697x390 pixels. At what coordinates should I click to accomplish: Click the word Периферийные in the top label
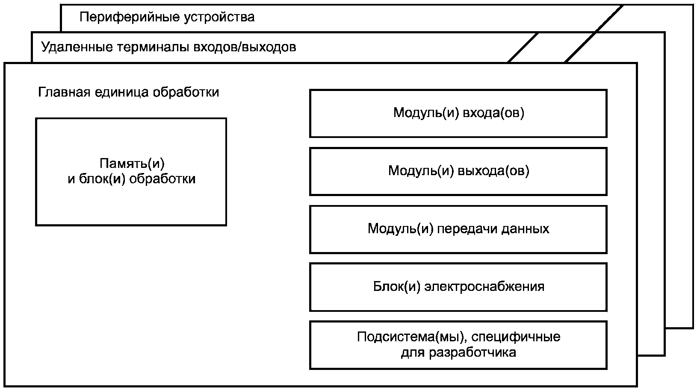pos(130,18)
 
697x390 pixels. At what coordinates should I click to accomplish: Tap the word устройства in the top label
pos(219,18)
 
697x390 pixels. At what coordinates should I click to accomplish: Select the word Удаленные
pos(77,47)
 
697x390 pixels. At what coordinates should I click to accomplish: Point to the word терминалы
pos(153,47)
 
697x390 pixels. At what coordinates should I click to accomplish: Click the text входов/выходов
pos(245,47)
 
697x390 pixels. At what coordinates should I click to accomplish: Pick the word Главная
pos(64,93)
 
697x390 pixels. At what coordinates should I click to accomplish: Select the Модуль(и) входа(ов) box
pos(458,114)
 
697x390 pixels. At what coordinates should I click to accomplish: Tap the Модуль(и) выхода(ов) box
pos(458,172)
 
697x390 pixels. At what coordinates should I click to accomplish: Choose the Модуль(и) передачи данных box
pos(458,229)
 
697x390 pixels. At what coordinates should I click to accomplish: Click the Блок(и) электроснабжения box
pos(458,287)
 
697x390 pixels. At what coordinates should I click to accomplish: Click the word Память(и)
pos(132,164)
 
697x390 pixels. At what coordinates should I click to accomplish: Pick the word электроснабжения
pos(484,287)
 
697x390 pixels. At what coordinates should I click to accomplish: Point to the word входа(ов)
pos(494,113)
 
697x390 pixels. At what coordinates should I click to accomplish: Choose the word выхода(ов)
pos(494,171)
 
